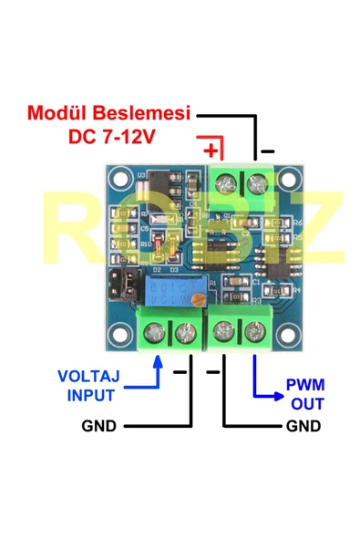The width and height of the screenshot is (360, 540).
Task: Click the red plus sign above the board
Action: coord(211,149)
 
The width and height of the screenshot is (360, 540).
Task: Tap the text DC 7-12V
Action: coord(112,137)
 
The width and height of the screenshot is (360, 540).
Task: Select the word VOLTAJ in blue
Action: coord(88,376)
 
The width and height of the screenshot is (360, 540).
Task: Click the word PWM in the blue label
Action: coord(304,383)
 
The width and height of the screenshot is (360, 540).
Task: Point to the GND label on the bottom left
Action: coord(98,426)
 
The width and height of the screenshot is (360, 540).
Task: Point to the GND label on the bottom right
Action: coord(303,426)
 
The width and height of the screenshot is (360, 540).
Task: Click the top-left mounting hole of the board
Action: coord(119,176)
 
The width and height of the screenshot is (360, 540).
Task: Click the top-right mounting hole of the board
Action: coord(290,176)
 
